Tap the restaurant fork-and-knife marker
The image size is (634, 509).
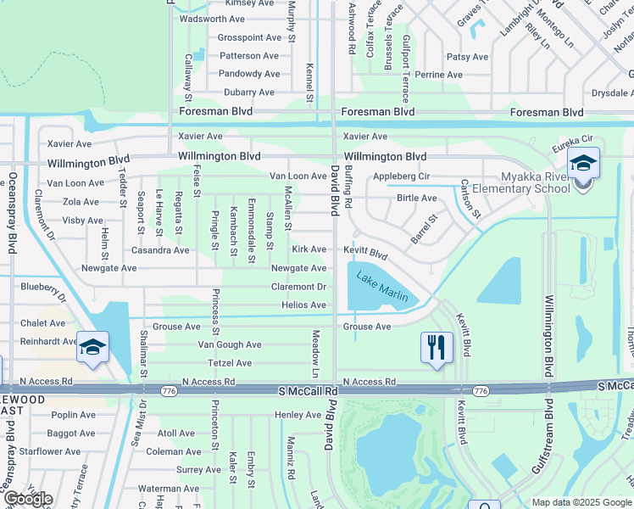(x=437, y=347)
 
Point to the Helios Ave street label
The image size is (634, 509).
(x=303, y=305)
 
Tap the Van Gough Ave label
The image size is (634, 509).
(x=230, y=344)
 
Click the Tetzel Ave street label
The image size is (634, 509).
(x=230, y=363)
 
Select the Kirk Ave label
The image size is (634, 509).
(x=309, y=249)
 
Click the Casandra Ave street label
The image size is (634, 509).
(x=160, y=250)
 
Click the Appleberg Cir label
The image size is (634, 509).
(x=402, y=177)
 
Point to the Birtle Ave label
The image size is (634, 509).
(x=417, y=198)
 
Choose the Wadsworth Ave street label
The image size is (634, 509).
(x=212, y=19)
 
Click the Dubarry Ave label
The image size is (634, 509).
(x=248, y=92)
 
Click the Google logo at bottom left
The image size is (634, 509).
(x=28, y=499)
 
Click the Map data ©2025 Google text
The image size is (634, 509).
(x=581, y=502)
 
